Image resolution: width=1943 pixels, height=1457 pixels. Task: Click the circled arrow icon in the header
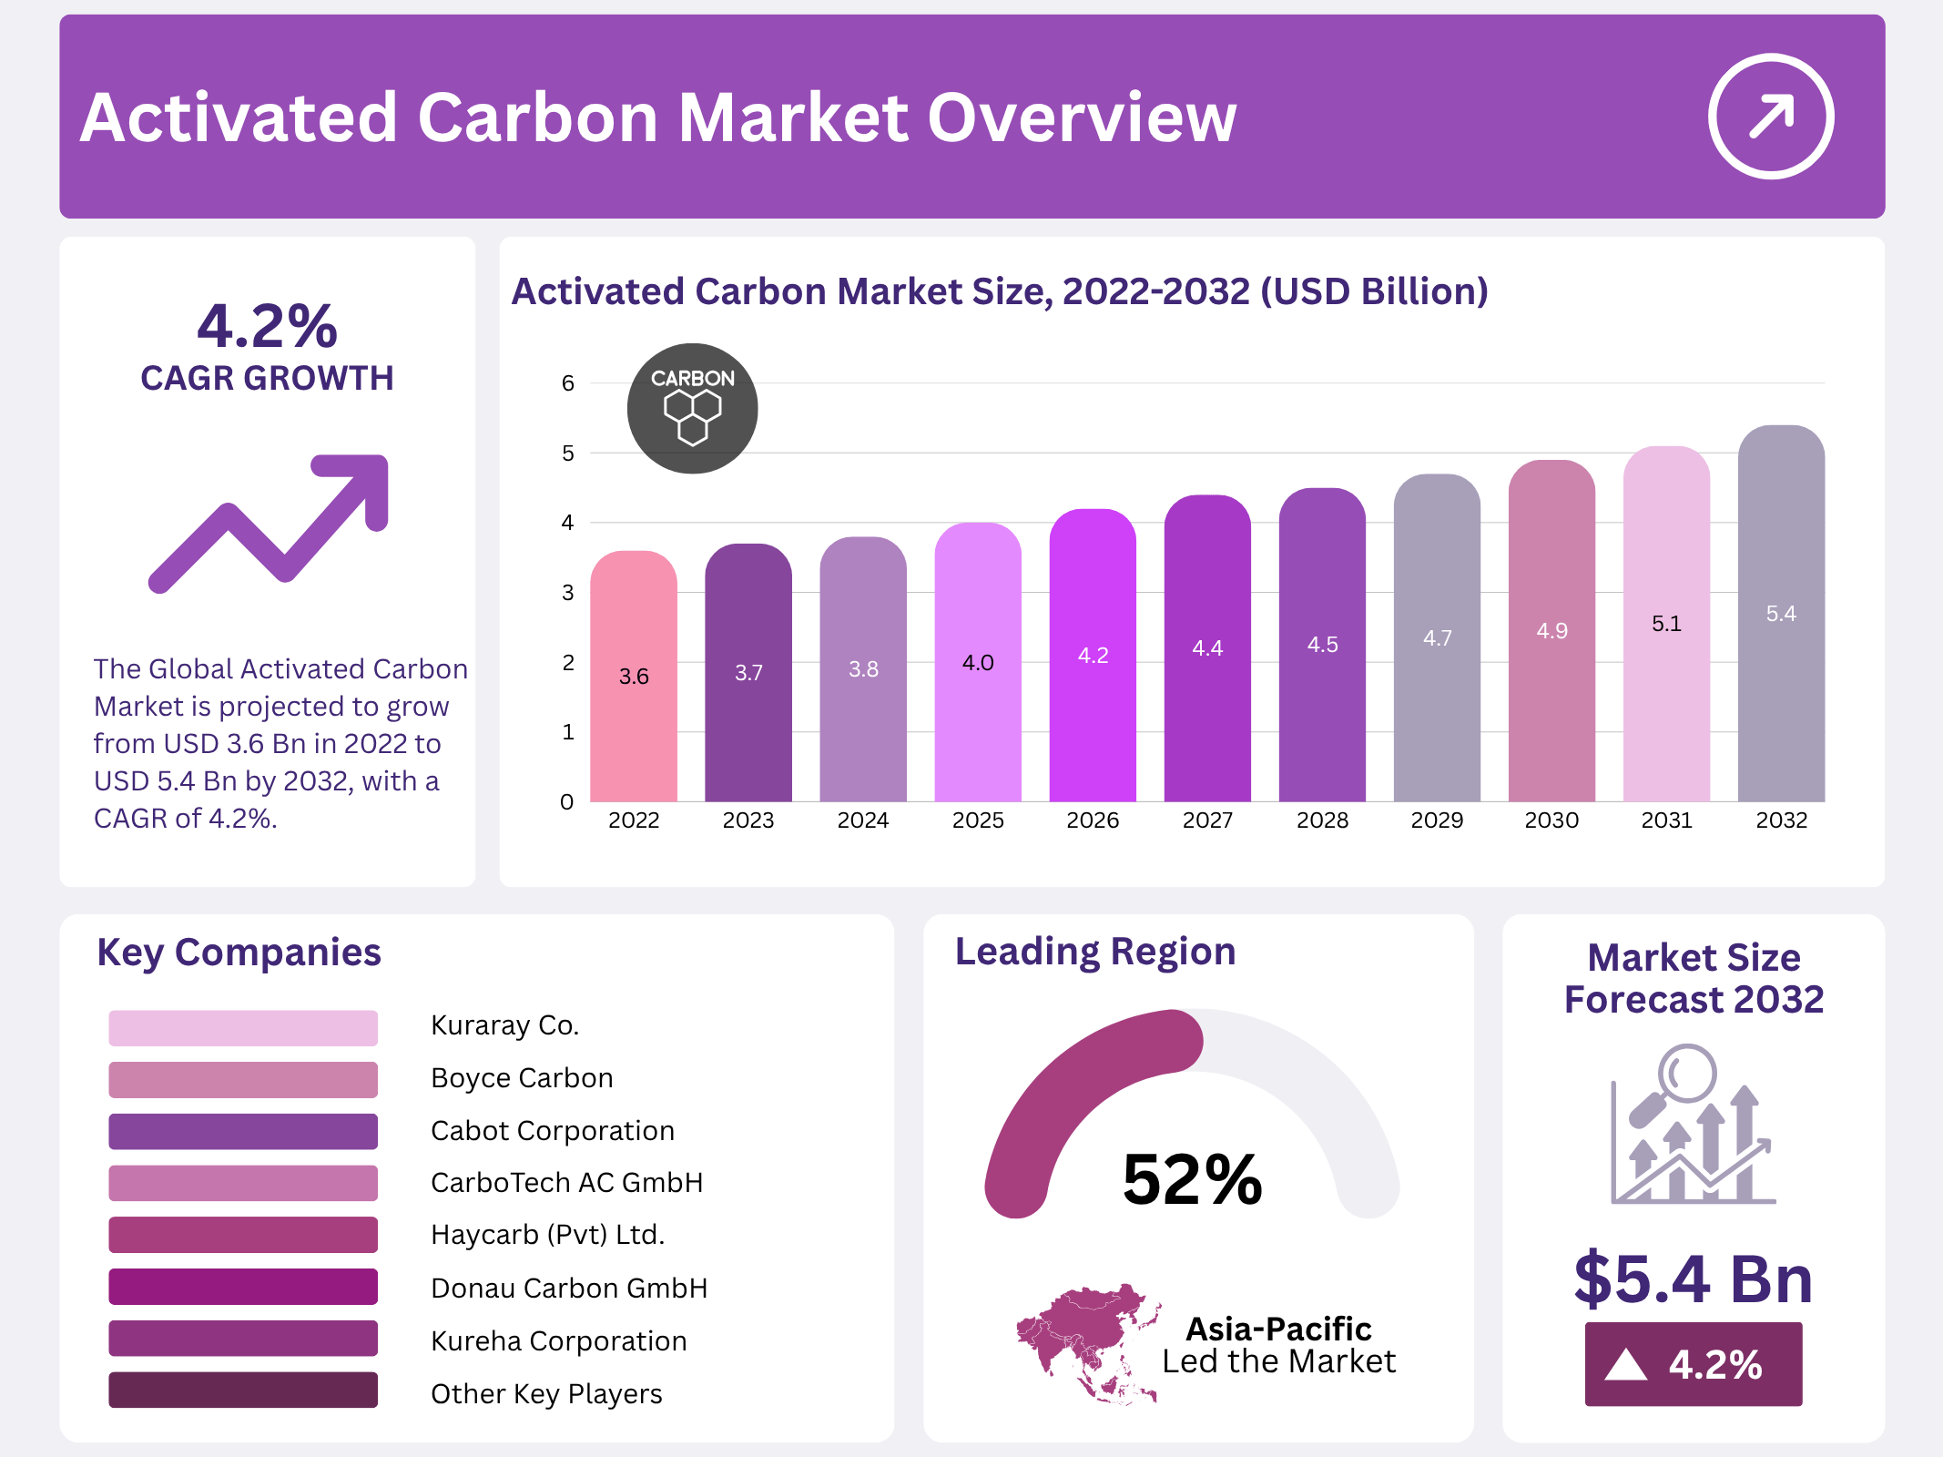pos(1770,117)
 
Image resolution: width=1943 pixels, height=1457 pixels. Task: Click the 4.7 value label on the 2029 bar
pos(1437,638)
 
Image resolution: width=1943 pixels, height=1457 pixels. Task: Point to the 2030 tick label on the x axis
pos(1551,820)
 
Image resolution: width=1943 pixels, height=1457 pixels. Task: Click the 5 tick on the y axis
pos(568,453)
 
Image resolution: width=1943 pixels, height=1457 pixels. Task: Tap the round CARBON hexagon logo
pos(692,408)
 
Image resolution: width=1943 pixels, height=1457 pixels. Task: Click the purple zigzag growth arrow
pos(270,523)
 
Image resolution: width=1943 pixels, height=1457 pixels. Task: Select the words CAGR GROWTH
pos(267,378)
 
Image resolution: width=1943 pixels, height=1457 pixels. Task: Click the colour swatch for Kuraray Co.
pos(243,1027)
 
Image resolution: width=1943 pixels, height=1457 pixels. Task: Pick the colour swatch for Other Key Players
pos(243,1390)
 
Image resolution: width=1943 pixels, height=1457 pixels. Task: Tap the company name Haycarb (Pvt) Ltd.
pos(547,1235)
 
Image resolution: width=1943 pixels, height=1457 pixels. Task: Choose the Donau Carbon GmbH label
pos(569,1288)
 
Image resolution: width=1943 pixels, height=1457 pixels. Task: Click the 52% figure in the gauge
pos(1192,1179)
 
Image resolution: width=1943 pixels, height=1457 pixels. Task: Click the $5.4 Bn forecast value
pos(1694,1279)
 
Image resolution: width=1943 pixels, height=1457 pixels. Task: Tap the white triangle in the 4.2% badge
pos(1625,1365)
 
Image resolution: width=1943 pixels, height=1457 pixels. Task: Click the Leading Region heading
pos(1095,952)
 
